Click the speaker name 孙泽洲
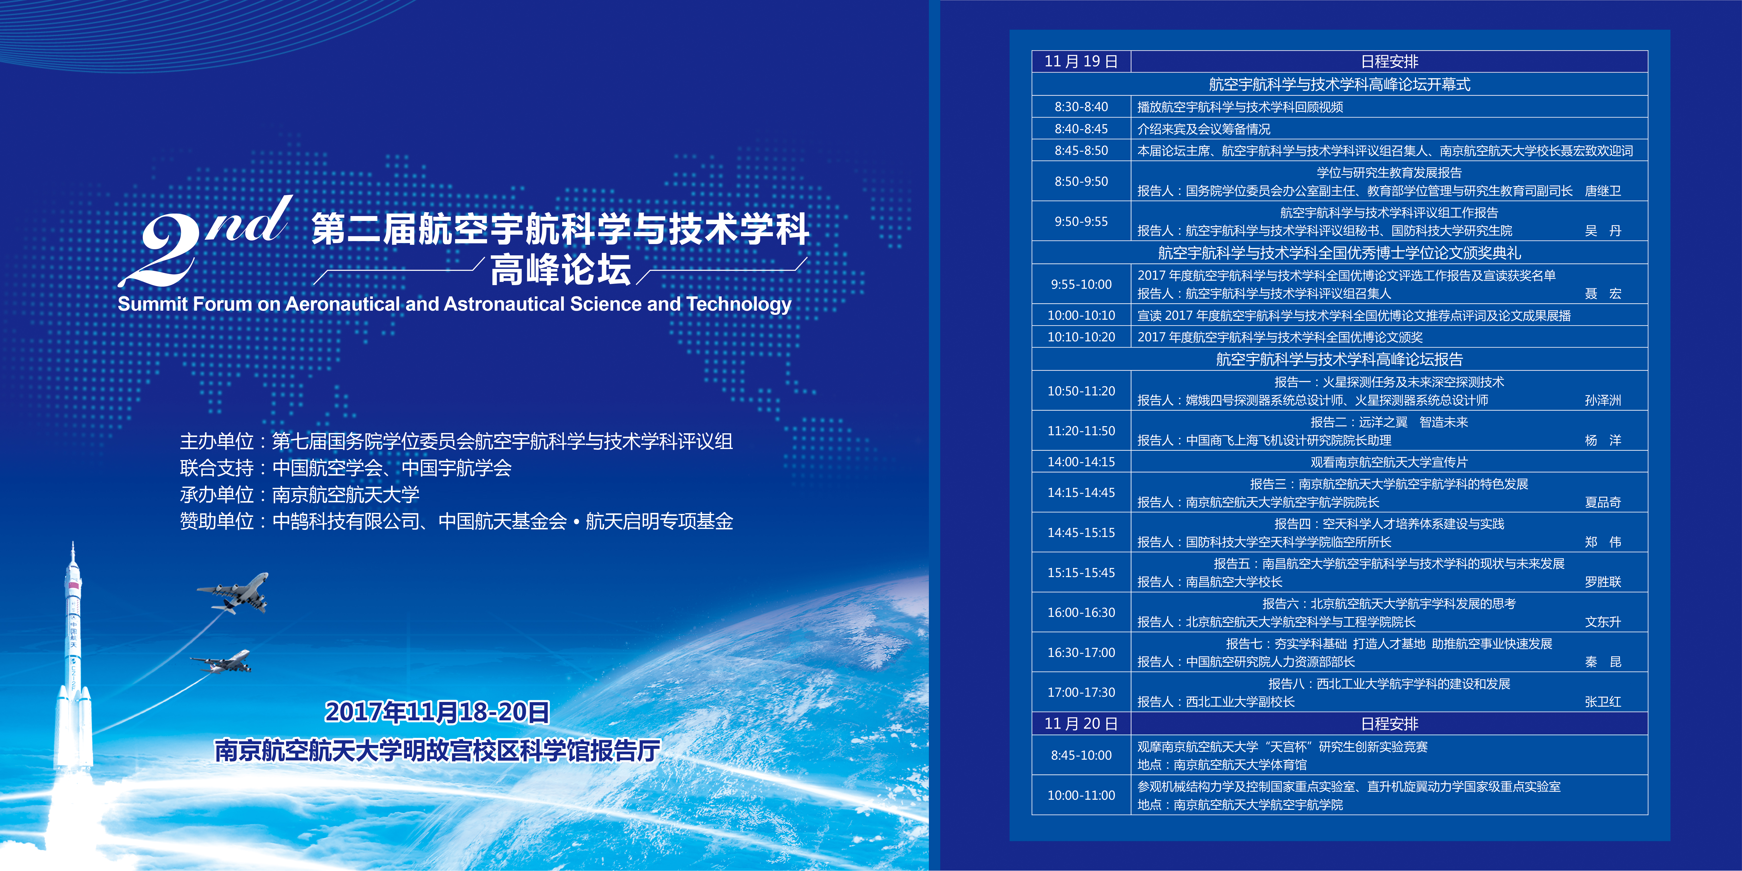(1603, 400)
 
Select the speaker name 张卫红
(1603, 702)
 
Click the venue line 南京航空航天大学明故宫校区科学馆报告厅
(437, 751)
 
